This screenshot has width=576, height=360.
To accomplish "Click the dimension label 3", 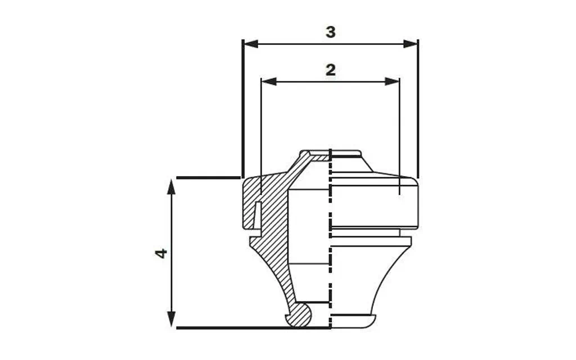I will point(331,32).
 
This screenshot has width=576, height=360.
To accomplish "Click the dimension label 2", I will point(331,70).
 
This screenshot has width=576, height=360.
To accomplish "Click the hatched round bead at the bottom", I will point(299,316).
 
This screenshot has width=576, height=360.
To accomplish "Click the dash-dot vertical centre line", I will point(330,253).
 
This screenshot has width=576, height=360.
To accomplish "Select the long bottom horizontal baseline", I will point(253,327).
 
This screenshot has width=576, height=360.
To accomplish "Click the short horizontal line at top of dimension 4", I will point(208,178).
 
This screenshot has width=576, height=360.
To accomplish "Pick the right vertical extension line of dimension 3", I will point(418,112).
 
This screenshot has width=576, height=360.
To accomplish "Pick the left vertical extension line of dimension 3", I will point(242,112).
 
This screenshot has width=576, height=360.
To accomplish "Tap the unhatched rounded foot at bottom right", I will point(353,321).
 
